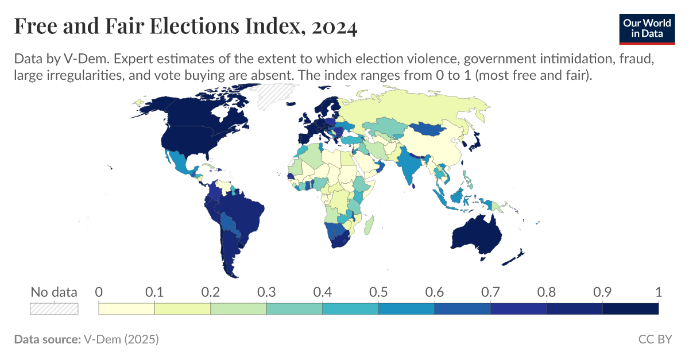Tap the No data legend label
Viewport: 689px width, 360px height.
[53, 292]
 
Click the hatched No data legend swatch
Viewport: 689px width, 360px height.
[53, 309]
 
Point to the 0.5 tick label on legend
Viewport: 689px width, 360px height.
[378, 292]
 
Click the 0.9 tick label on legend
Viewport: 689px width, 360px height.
[602, 292]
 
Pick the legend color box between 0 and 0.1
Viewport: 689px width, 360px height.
[126, 309]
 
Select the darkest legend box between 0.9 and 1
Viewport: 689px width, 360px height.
[630, 309]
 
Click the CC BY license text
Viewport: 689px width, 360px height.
[655, 339]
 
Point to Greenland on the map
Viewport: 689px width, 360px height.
[274, 95]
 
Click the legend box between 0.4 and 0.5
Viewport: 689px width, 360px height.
[350, 309]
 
